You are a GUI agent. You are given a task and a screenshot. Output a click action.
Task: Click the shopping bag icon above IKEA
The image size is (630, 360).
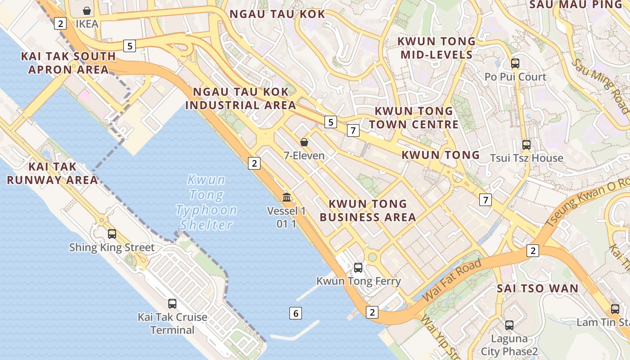coord(87,10)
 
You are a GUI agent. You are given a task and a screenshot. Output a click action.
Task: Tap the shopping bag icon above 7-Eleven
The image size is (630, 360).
coord(304,142)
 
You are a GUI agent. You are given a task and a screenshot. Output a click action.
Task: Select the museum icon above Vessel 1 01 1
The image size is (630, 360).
coord(286,197)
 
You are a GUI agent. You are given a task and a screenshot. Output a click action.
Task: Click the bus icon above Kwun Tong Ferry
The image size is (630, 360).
coord(358,268)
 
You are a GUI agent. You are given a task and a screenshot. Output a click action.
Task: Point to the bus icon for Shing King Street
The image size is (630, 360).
coord(112,234)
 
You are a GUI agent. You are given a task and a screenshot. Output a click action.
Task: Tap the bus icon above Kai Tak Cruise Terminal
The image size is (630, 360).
coord(172,303)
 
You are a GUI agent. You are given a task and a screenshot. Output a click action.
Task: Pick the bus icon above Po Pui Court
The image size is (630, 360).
coord(515,63)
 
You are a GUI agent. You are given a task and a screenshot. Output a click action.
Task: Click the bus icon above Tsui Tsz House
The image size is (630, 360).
coord(526,145)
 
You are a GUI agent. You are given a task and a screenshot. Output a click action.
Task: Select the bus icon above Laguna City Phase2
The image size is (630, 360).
coord(509,325)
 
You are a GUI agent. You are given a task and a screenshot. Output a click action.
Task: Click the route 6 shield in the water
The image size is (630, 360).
coord(295,314)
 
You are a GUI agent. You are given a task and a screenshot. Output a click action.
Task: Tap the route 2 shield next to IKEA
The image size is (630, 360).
coord(60,23)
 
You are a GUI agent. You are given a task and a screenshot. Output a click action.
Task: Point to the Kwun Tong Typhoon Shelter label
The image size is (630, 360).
coord(206,202)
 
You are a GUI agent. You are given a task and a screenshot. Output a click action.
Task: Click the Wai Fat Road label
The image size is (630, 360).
coord(452,280)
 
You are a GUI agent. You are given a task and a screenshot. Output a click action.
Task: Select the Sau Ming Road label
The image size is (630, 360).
coord(600,85)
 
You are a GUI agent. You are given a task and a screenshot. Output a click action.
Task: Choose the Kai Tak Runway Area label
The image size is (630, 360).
coord(52,173)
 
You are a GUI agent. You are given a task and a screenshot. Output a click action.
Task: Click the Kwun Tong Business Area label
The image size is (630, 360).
coord(368,211)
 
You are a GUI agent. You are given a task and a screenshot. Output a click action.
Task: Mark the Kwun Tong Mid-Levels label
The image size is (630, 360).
coord(436,48)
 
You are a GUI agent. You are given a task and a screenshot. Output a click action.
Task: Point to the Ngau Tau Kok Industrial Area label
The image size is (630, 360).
coord(241,99)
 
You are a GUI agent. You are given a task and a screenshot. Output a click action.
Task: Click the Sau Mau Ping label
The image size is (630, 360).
coord(578,4)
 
